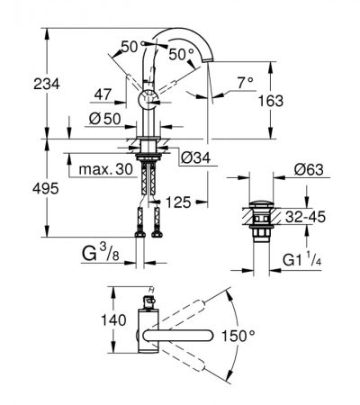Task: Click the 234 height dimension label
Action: [47, 84]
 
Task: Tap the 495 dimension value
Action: [46, 189]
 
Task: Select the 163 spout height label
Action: [271, 101]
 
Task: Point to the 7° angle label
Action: [246, 83]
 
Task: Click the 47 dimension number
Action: [103, 94]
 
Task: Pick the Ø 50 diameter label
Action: [105, 119]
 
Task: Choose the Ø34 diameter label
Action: [196, 157]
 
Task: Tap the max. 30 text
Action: [105, 169]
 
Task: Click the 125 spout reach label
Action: [178, 202]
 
